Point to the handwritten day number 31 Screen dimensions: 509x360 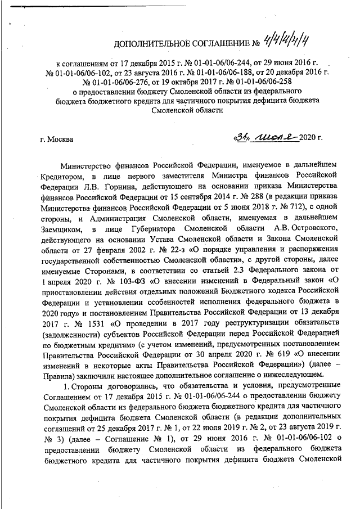[x=244, y=136]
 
